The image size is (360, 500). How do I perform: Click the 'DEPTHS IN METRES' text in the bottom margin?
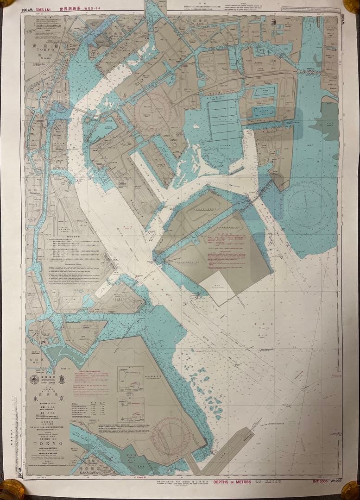[232, 482]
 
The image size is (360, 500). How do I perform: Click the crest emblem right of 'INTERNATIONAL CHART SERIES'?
[61, 379]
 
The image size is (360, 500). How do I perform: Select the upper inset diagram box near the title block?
[130, 379]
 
